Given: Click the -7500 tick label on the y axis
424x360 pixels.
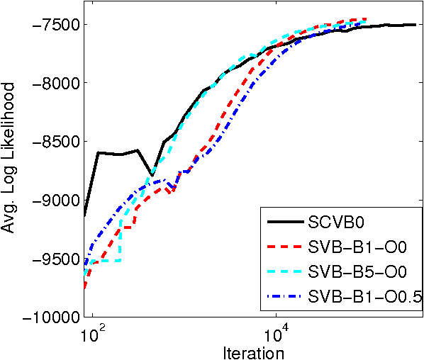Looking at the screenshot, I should pos(54,25).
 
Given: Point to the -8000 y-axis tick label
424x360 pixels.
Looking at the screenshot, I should pos(54,83).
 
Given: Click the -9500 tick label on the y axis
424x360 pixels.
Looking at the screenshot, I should pos(54,259).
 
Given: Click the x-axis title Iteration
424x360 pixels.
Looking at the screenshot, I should pos(253,351).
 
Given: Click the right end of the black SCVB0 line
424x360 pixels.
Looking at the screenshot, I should pos(415,25).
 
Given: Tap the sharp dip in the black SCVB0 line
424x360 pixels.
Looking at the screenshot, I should pos(152,174).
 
